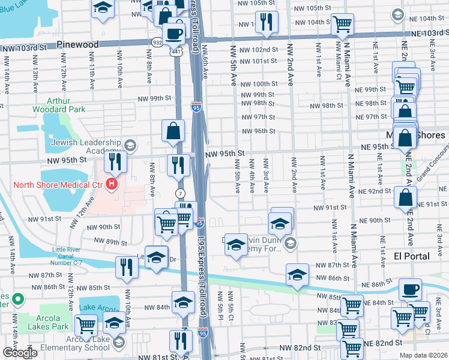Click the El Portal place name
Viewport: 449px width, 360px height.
pos(412,256)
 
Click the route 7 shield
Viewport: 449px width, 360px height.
pos(179,193)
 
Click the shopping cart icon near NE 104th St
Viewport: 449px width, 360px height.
pos(342,24)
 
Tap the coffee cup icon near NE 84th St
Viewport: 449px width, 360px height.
pos(410,289)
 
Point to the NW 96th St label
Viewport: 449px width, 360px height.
pos(259,131)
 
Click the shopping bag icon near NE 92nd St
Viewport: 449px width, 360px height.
pos(406,196)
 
